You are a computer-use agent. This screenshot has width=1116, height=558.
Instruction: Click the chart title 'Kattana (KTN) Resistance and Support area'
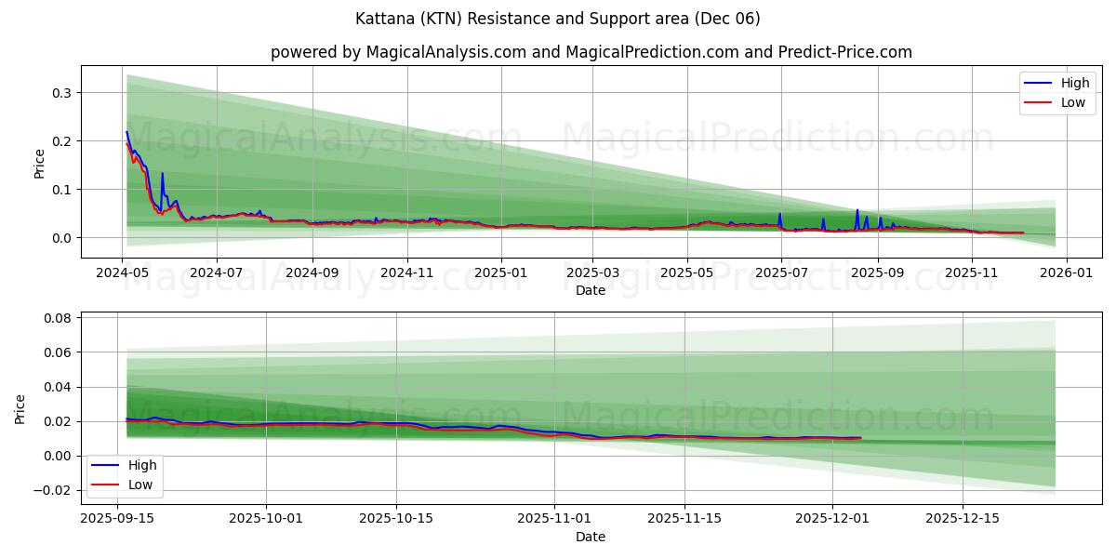click(x=557, y=19)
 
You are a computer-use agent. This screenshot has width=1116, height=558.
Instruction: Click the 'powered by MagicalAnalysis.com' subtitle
click(x=591, y=52)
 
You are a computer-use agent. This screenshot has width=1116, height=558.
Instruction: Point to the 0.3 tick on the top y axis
click(x=61, y=93)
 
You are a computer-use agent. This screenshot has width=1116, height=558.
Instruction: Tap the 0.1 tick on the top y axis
click(x=61, y=190)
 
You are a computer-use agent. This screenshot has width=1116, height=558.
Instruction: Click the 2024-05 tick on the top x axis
click(x=123, y=272)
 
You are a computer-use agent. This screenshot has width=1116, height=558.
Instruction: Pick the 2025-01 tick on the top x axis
click(x=501, y=272)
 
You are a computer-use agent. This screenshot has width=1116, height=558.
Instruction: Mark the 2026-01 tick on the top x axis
click(x=1066, y=272)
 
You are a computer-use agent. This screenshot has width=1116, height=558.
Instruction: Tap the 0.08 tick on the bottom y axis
click(x=57, y=318)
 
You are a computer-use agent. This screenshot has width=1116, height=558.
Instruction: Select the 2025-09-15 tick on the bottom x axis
click(x=118, y=519)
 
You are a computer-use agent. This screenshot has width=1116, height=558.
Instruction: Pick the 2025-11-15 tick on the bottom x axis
click(x=686, y=519)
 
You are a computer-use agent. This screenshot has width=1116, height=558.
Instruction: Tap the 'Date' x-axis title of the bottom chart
click(x=591, y=537)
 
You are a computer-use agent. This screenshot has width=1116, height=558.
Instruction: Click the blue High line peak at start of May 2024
click(x=126, y=132)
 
